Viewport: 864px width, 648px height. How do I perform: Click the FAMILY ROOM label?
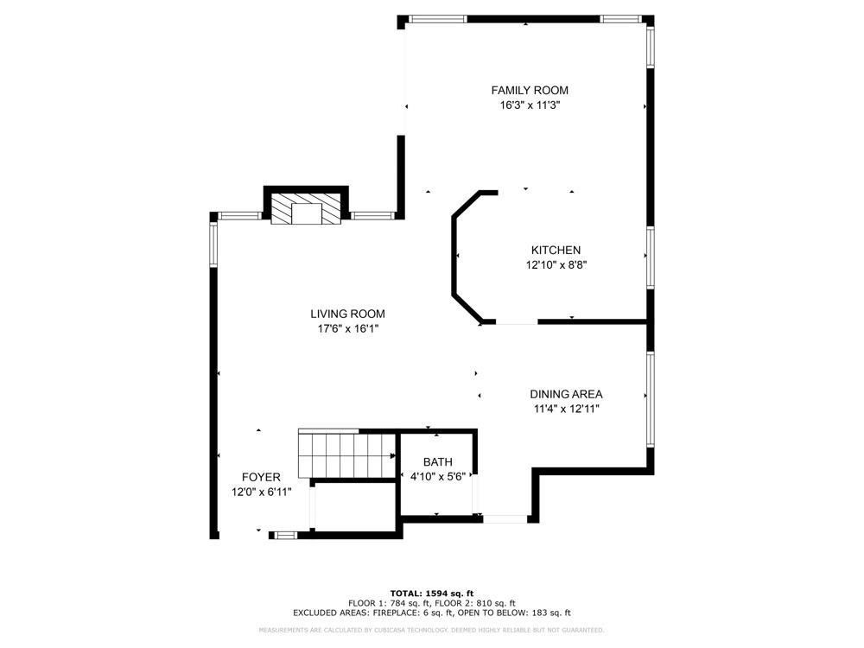point(530,90)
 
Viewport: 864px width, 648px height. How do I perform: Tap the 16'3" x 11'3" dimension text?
point(530,105)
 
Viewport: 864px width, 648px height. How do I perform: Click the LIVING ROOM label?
point(348,314)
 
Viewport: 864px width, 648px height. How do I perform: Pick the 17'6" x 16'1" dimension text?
point(348,329)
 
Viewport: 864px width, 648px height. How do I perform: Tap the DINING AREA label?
point(566,394)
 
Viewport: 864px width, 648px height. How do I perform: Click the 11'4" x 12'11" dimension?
point(566,410)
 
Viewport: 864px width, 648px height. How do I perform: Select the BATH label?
point(437,462)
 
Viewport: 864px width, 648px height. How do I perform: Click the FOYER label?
point(261,477)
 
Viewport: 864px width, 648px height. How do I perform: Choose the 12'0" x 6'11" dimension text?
point(261,492)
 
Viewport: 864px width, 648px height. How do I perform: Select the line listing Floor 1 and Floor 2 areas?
point(431,602)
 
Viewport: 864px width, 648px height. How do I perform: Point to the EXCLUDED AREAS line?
point(431,613)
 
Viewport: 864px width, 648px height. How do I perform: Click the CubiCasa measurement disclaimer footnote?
point(431,630)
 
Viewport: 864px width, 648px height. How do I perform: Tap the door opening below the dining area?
point(505,518)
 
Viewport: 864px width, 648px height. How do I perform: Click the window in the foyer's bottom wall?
point(284,536)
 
